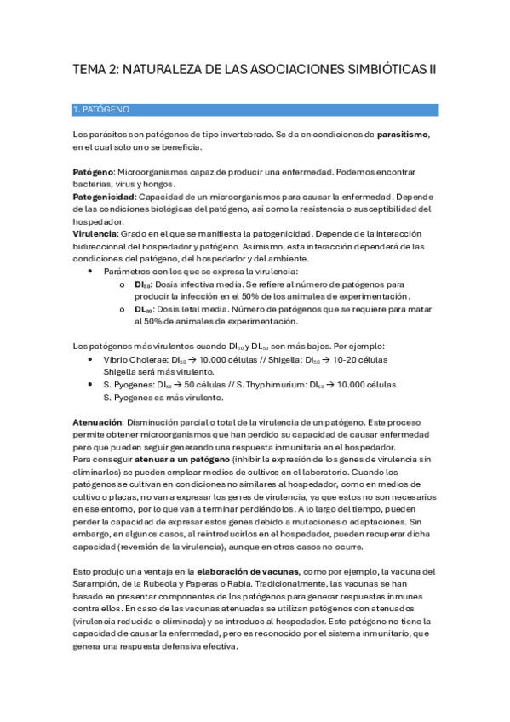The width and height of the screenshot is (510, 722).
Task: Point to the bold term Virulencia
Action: tap(95, 232)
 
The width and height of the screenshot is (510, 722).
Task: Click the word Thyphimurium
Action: tap(275, 385)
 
